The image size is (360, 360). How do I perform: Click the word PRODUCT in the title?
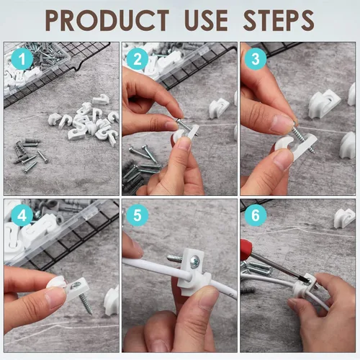point(109,19)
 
